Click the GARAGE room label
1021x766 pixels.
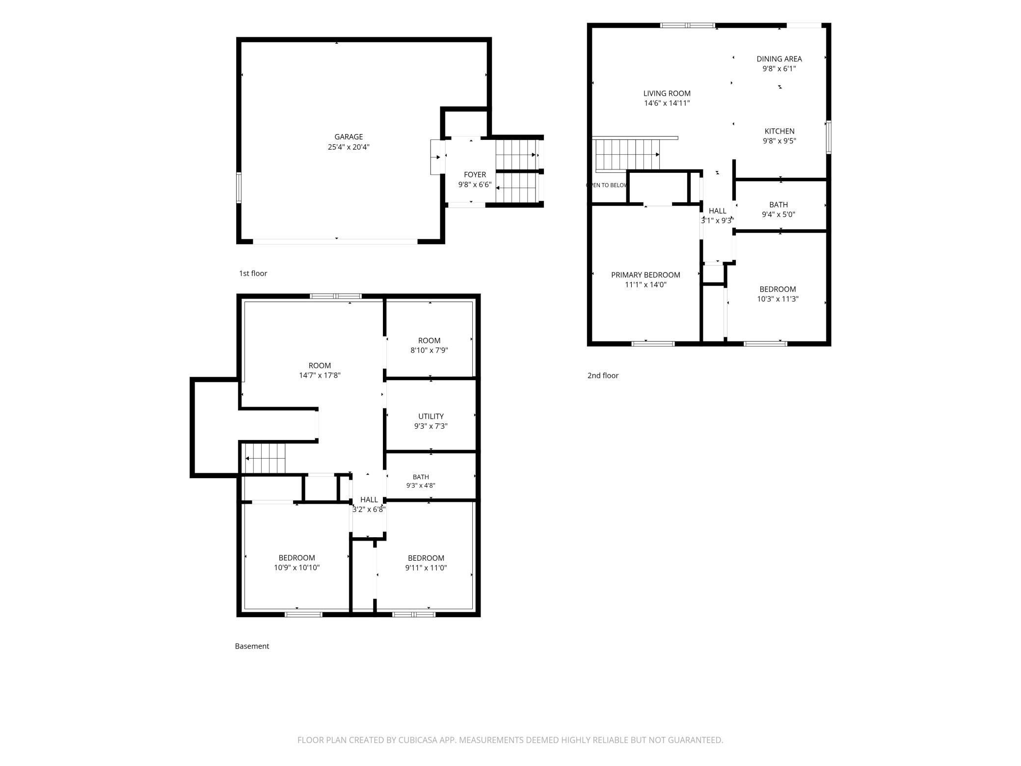coord(349,137)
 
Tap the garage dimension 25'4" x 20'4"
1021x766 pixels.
coord(349,147)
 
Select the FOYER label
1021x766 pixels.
coord(475,175)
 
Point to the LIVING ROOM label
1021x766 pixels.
coord(667,93)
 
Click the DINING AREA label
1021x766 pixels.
coord(779,59)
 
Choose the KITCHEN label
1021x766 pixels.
coord(779,131)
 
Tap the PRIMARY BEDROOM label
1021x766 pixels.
coord(645,275)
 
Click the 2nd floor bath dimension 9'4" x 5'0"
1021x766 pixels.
coord(779,215)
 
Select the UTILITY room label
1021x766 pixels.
coord(431,416)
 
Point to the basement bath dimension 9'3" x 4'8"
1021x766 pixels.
coord(421,486)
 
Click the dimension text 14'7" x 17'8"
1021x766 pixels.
coord(320,375)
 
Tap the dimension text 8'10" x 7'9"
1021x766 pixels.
coord(429,350)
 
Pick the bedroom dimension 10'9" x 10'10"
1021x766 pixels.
coord(296,568)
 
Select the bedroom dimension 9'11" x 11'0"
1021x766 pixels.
coord(426,568)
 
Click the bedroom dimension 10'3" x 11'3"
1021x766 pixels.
coord(778,299)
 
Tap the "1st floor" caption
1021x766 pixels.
coord(253,274)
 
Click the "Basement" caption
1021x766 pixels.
coord(252,646)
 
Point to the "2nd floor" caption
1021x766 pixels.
coord(603,376)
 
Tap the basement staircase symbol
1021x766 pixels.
coord(265,458)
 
